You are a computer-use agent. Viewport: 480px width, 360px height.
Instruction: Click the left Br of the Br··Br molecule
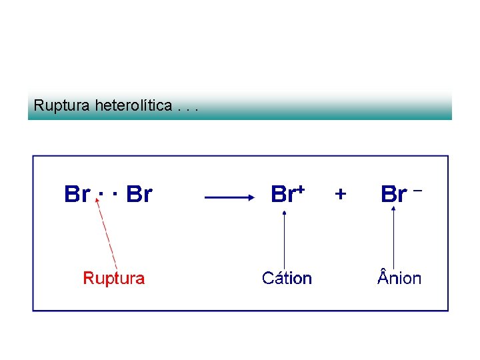(x=77, y=194)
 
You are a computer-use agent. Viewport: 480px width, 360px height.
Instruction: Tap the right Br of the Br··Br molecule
(x=139, y=194)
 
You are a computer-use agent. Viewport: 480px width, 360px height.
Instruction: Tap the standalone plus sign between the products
(x=341, y=194)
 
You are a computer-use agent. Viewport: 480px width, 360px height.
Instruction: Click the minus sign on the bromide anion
(x=418, y=191)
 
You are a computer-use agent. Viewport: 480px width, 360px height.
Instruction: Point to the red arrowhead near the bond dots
(x=99, y=207)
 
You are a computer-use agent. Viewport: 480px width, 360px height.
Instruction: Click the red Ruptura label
(x=113, y=278)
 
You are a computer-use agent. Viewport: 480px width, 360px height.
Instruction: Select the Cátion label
(x=287, y=278)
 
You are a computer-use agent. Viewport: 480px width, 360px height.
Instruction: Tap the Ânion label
(x=399, y=278)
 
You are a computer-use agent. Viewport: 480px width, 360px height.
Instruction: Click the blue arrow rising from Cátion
(x=285, y=240)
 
